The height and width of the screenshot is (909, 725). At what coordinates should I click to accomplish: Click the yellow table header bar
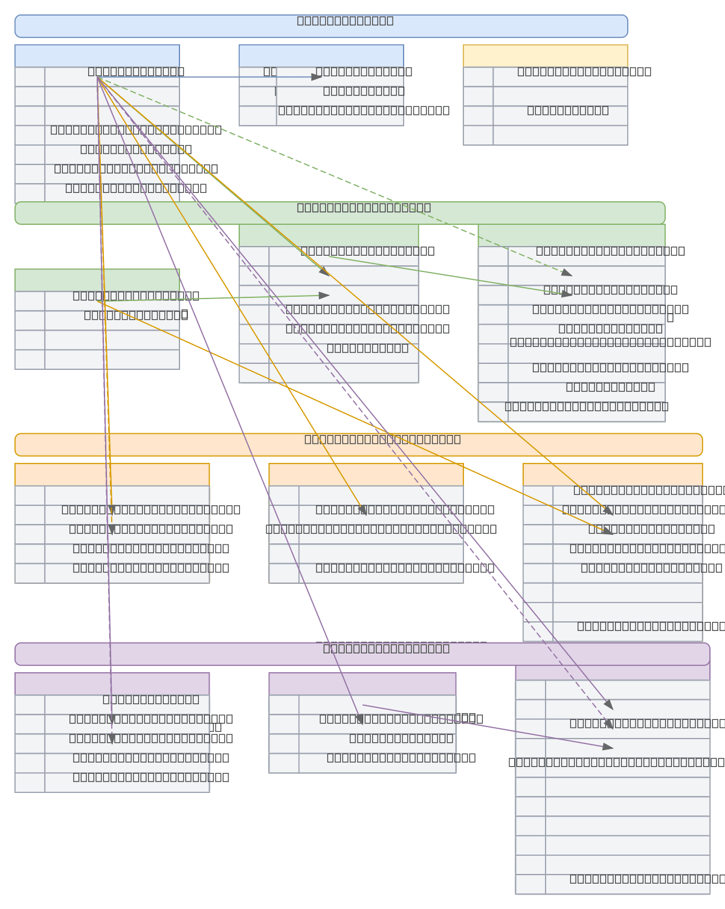(x=545, y=56)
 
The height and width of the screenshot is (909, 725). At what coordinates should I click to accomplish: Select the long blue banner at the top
(x=321, y=26)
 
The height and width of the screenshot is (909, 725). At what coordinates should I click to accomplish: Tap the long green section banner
(x=340, y=213)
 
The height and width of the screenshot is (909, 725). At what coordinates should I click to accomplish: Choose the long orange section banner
(x=358, y=444)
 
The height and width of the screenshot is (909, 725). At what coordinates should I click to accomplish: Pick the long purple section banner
(x=362, y=654)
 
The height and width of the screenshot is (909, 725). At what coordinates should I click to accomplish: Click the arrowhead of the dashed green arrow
(x=567, y=273)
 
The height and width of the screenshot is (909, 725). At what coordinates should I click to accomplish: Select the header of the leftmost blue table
(x=97, y=56)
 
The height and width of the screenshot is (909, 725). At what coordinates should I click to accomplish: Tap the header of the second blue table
(x=321, y=56)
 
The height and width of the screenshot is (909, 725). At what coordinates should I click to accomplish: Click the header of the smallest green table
(x=97, y=280)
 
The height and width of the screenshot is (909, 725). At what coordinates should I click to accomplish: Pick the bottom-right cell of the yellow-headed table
(x=560, y=135)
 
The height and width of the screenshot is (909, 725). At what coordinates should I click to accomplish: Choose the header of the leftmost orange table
(x=112, y=474)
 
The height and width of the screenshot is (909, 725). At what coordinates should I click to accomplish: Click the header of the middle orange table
(x=366, y=474)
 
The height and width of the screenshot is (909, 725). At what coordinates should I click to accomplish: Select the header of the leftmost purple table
(x=112, y=684)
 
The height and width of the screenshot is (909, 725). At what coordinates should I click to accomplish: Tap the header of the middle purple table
(x=362, y=684)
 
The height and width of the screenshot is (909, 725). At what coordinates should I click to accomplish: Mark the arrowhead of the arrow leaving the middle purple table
(x=608, y=748)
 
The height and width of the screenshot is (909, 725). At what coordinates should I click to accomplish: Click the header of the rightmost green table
(x=571, y=235)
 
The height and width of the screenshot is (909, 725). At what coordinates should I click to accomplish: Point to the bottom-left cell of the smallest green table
(x=30, y=360)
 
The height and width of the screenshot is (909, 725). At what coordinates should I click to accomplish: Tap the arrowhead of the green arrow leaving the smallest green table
(x=324, y=296)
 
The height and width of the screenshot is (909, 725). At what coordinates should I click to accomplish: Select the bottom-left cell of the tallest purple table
(x=530, y=884)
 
